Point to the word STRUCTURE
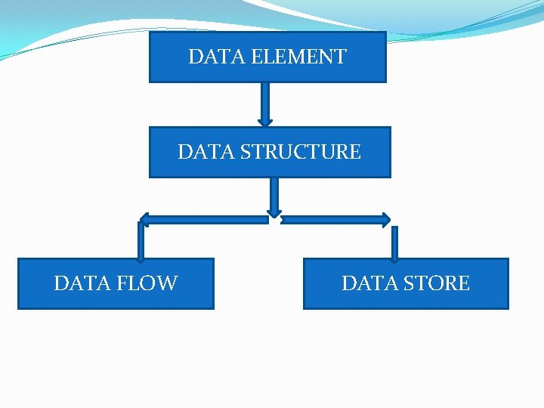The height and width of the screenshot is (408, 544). [301, 152]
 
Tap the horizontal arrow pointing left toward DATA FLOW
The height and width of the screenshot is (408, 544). [204, 220]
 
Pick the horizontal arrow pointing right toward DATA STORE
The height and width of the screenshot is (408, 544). [332, 220]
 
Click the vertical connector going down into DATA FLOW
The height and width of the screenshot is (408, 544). [140, 242]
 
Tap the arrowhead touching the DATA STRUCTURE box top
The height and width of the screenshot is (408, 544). [264, 122]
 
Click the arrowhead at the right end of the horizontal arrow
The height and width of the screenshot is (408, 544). [386, 220]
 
